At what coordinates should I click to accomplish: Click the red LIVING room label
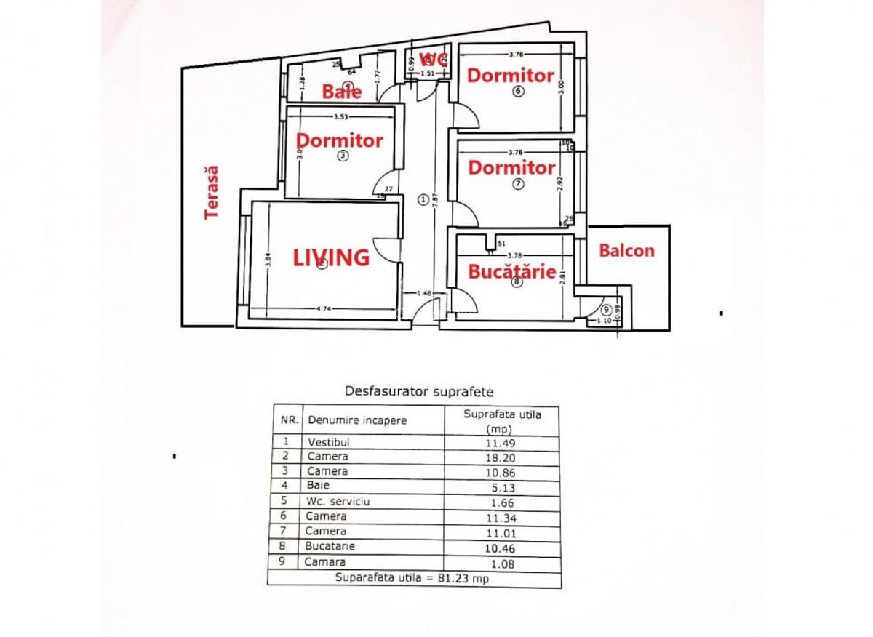coord(331,257)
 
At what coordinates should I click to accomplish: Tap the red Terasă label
coord(212,193)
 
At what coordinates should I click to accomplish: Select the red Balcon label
coord(626,251)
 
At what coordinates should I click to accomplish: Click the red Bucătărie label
coord(512,272)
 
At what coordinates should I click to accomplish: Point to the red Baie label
coord(342,92)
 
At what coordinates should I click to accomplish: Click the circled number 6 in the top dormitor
coord(518,92)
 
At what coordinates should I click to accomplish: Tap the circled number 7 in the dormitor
coord(518,184)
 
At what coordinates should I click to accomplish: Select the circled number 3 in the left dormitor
coord(343,156)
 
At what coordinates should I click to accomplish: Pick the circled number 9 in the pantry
coord(606,309)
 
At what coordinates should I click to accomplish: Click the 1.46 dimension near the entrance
coord(424,293)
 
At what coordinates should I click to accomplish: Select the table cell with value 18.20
coord(501,457)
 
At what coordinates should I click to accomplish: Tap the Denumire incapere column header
coord(357,420)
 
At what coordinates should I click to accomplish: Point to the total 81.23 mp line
coord(413,579)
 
